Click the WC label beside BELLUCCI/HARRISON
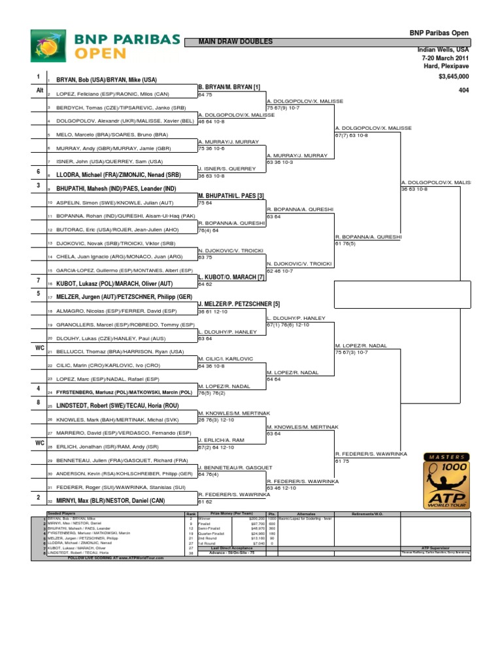point(39,348)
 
